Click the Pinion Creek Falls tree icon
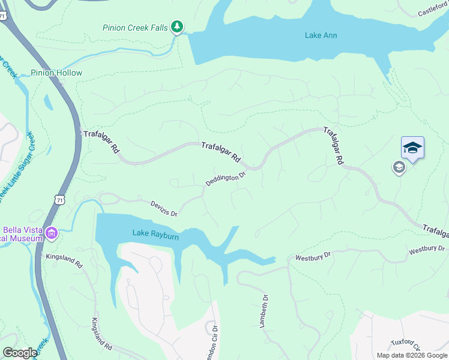pos(176,26)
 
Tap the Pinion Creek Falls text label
pos(136,27)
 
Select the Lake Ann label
pos(321,35)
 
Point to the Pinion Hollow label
pos(56,73)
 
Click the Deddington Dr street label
pos(226,179)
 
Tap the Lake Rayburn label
pos(155,236)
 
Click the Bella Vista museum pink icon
pos(52,233)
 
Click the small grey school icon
pos(399,168)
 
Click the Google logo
pos(20,353)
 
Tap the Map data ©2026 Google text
pos(412,355)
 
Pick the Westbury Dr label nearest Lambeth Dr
pos(313,257)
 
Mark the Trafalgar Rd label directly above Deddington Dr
pos(220,153)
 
